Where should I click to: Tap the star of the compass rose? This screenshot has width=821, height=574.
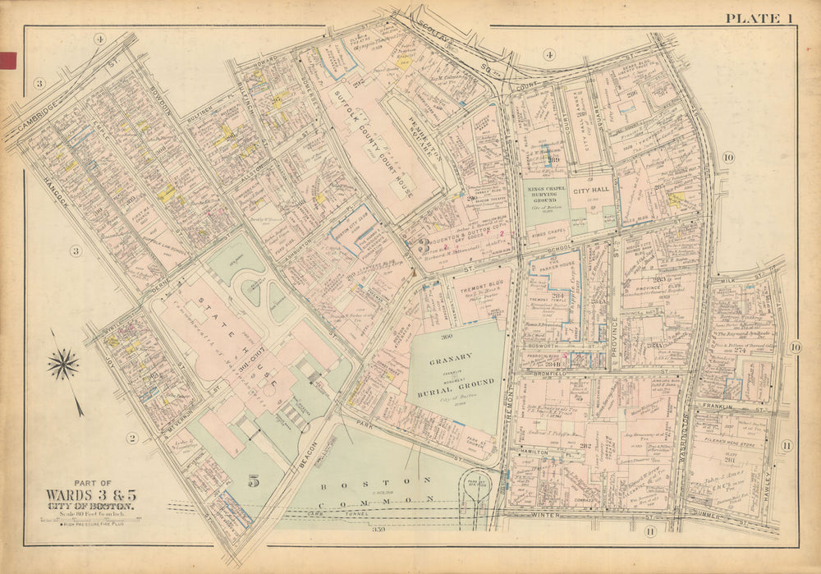click(x=63, y=364)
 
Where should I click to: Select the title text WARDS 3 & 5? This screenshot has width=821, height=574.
click(x=90, y=497)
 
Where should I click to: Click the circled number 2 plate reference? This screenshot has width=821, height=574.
click(x=131, y=438)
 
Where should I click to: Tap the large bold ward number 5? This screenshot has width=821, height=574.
click(x=254, y=481)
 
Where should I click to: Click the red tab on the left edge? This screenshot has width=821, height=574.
click(x=8, y=58)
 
